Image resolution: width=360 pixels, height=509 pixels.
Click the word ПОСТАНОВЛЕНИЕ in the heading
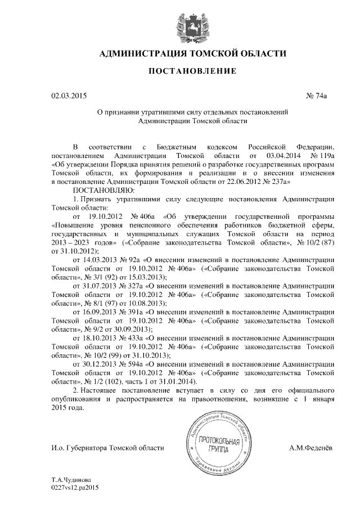pos(180,71)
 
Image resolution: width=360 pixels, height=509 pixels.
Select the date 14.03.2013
pos(99,260)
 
